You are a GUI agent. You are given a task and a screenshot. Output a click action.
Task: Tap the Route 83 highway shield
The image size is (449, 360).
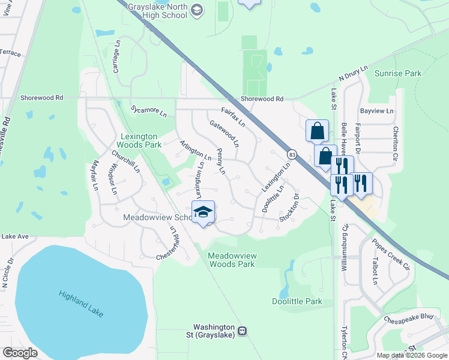pos(292,154)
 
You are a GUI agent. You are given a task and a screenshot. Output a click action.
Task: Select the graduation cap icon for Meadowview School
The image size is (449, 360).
pos(203,211)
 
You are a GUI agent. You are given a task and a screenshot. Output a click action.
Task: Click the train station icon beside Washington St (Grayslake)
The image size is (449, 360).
pos(243,331)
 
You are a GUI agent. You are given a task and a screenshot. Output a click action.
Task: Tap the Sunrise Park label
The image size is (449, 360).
pos(397,73)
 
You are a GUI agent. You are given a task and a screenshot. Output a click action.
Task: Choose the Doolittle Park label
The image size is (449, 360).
pos(297,302)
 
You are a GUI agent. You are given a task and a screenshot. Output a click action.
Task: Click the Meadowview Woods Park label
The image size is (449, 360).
pos(232,260)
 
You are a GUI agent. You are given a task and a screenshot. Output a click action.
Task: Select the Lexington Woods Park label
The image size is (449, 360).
pos(140,140)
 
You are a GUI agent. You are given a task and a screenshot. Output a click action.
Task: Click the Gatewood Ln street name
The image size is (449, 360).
pos(224,134)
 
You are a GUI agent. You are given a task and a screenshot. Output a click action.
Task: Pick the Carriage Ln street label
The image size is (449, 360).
pos(118,53)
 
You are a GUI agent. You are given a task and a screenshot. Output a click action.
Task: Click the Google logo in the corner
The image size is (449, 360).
pos(20,353)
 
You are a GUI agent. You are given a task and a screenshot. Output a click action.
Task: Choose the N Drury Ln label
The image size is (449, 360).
pos(352,74)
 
